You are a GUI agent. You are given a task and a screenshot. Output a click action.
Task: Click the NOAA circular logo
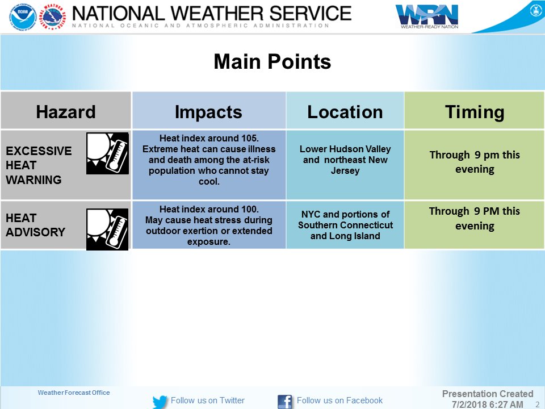(x=23, y=16)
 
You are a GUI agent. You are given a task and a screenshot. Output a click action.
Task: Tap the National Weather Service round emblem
(x=52, y=16)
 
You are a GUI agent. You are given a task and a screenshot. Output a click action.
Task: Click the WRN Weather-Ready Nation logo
(x=427, y=16)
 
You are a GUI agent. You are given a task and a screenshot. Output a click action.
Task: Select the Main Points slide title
(x=272, y=61)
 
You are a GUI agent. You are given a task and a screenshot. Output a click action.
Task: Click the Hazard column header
(x=66, y=112)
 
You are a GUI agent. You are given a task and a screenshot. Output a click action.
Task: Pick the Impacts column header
(x=208, y=112)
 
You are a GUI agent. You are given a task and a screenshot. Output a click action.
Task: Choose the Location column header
(x=345, y=112)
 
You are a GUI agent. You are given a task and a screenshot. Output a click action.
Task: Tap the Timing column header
(x=475, y=112)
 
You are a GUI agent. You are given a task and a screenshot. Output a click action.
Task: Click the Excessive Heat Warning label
(x=39, y=165)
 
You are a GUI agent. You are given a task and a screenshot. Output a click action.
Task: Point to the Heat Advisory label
(x=35, y=225)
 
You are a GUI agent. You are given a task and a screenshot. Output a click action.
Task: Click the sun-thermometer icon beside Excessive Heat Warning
(x=107, y=153)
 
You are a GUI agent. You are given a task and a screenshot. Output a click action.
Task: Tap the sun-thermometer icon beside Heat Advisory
(x=107, y=229)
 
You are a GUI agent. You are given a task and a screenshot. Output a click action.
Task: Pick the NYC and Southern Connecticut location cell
(x=345, y=225)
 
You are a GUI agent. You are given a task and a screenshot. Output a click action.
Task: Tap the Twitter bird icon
(x=160, y=402)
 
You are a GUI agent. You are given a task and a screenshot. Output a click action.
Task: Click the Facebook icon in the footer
(x=284, y=402)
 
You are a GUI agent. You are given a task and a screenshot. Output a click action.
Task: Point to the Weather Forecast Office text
(x=74, y=393)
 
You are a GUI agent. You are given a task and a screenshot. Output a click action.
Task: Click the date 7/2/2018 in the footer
(x=468, y=404)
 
